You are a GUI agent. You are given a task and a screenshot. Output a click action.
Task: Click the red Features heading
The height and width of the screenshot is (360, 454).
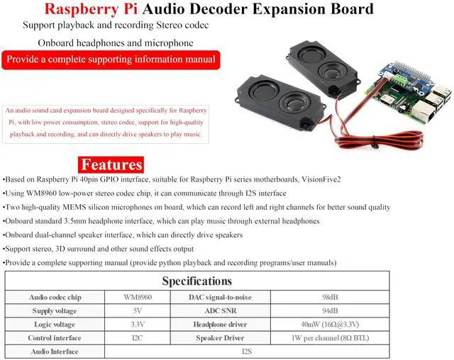(x=111, y=164)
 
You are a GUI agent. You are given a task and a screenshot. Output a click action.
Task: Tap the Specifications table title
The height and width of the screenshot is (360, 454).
(x=197, y=281)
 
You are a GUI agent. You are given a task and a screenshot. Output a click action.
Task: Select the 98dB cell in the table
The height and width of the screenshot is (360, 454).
(x=330, y=297)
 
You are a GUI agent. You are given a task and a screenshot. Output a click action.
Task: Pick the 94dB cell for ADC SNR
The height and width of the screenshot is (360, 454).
(x=330, y=310)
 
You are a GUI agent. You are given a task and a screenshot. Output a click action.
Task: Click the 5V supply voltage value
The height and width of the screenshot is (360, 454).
(x=138, y=310)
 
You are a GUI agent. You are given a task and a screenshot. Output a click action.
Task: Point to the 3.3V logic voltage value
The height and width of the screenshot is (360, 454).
(x=138, y=324)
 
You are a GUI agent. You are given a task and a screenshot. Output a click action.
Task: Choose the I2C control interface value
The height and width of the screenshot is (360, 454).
(x=138, y=338)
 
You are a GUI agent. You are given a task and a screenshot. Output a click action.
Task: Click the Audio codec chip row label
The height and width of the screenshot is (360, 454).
(x=55, y=297)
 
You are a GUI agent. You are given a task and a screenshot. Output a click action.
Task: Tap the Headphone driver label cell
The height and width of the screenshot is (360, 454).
(x=220, y=325)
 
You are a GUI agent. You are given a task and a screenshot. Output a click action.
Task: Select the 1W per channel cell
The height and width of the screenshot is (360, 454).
(x=330, y=338)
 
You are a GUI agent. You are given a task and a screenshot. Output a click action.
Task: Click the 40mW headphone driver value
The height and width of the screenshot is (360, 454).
(x=330, y=324)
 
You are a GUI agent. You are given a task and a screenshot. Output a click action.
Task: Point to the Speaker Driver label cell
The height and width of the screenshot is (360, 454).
(x=220, y=338)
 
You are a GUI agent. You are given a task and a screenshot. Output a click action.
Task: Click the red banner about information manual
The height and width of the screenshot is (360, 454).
(x=111, y=60)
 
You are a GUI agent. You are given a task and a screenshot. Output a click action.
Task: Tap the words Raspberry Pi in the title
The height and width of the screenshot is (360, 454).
(x=91, y=9)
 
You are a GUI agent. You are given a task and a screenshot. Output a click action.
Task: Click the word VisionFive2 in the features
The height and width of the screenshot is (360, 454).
(x=321, y=179)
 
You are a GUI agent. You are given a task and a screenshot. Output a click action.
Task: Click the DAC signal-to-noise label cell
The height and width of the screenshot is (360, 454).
(x=220, y=297)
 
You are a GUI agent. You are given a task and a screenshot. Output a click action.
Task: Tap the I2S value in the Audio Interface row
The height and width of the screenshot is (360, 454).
(x=247, y=351)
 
